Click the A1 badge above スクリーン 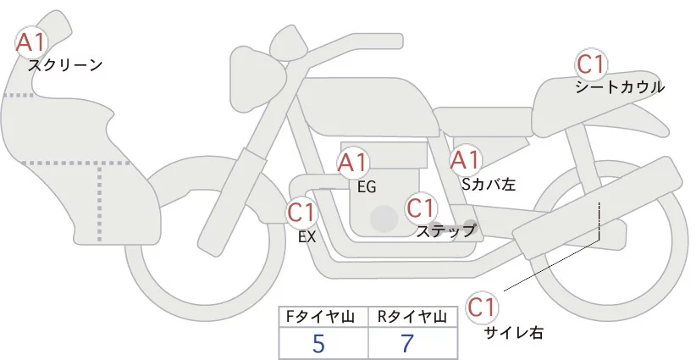click(32, 41)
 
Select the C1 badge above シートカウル click(590, 64)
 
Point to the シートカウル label click(619, 87)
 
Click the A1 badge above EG click(353, 163)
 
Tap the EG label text click(367, 186)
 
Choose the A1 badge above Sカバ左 click(465, 159)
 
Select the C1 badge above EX click(301, 213)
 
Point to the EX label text click(307, 237)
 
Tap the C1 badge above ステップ click(421, 207)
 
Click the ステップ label click(446, 230)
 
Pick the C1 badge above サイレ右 click(483, 306)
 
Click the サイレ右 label click(513, 332)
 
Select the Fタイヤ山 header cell click(323, 317)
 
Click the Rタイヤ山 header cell click(414, 317)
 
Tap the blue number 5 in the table click(318, 344)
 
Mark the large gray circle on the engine click(384, 219)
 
